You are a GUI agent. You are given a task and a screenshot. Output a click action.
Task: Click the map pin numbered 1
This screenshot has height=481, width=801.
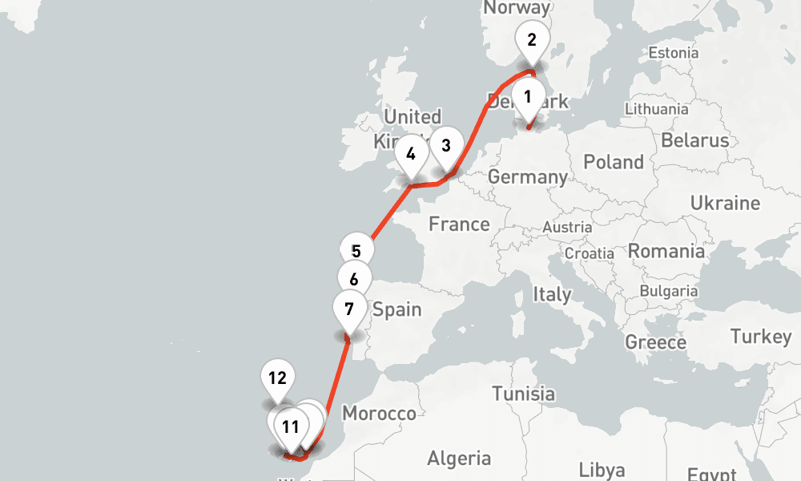[x=528, y=97]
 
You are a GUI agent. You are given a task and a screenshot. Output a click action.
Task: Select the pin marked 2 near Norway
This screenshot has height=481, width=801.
[x=532, y=38]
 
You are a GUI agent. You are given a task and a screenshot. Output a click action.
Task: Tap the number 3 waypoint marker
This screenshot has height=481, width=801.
[x=446, y=146]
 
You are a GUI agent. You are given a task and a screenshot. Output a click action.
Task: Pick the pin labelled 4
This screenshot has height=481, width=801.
[x=411, y=154]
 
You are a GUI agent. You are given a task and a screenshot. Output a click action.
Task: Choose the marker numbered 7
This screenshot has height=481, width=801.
[x=349, y=309]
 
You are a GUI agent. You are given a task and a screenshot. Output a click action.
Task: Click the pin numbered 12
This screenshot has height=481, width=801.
[x=277, y=378]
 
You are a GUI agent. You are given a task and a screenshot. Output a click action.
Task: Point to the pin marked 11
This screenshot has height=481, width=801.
[x=290, y=426]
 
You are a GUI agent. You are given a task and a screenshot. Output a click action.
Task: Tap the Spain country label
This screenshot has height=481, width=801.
[x=397, y=309]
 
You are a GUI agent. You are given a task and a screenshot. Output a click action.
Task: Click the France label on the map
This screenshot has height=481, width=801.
[x=459, y=224]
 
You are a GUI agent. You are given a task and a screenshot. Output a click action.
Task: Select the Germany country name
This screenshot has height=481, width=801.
[x=528, y=176]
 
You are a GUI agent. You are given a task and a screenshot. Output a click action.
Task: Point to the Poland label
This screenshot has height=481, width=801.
[x=614, y=162]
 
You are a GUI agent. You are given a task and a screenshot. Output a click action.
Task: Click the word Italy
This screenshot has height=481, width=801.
[x=553, y=294]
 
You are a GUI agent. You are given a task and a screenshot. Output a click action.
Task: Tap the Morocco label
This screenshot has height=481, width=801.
[x=379, y=414]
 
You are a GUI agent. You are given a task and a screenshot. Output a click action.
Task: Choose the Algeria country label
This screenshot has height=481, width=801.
[x=459, y=459]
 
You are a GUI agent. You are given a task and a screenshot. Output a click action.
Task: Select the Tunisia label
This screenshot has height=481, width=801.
[x=524, y=394]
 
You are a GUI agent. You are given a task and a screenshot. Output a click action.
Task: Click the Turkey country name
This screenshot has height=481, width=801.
[x=761, y=337]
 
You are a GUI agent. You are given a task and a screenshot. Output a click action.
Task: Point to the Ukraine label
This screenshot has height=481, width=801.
[x=725, y=201]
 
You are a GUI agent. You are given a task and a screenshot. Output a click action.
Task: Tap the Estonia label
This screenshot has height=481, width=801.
[x=673, y=53]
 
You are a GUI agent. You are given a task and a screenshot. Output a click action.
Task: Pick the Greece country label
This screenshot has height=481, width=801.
[x=655, y=342]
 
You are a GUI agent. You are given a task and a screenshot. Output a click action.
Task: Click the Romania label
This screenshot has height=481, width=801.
[x=666, y=251]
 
